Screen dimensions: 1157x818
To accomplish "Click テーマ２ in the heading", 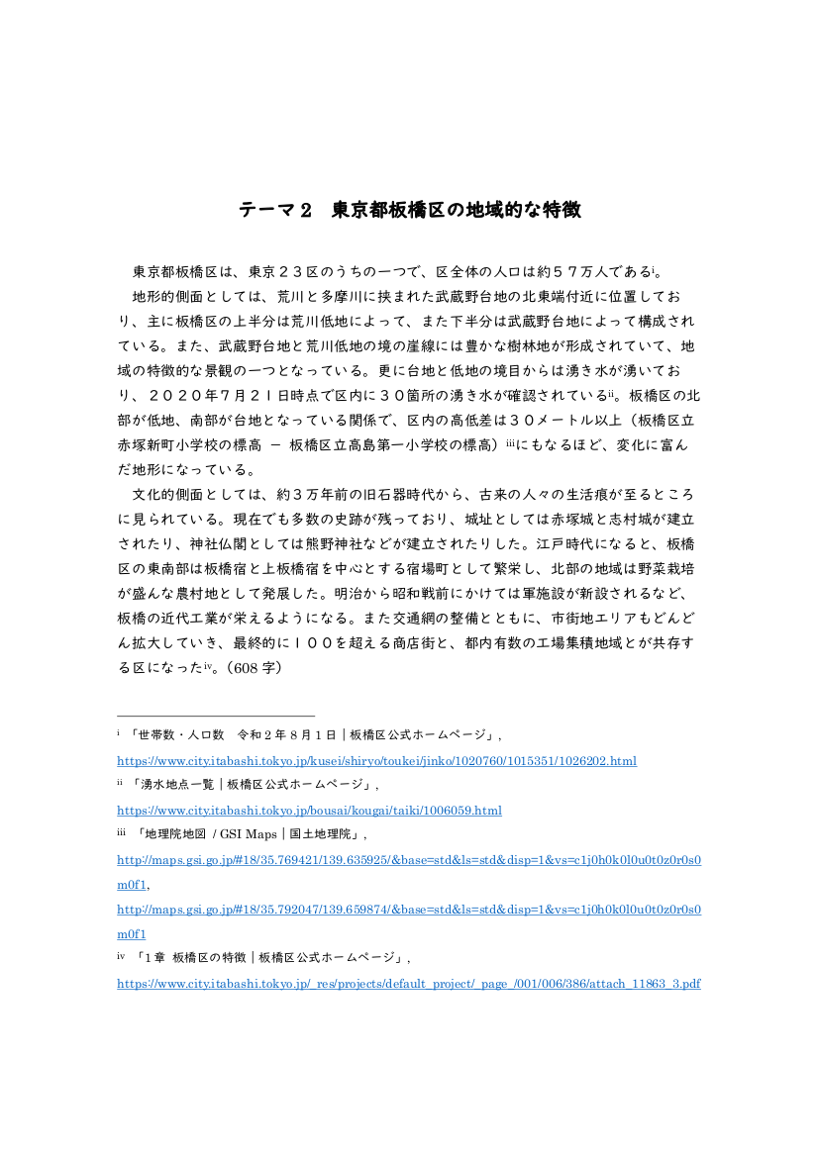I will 275,211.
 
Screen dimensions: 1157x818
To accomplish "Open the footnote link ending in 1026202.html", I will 376,760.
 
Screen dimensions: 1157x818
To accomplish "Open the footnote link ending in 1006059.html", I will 309,811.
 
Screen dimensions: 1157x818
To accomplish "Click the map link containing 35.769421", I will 409,859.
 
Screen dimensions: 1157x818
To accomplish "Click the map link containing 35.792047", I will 409,910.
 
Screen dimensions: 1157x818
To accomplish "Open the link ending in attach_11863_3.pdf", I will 409,984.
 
